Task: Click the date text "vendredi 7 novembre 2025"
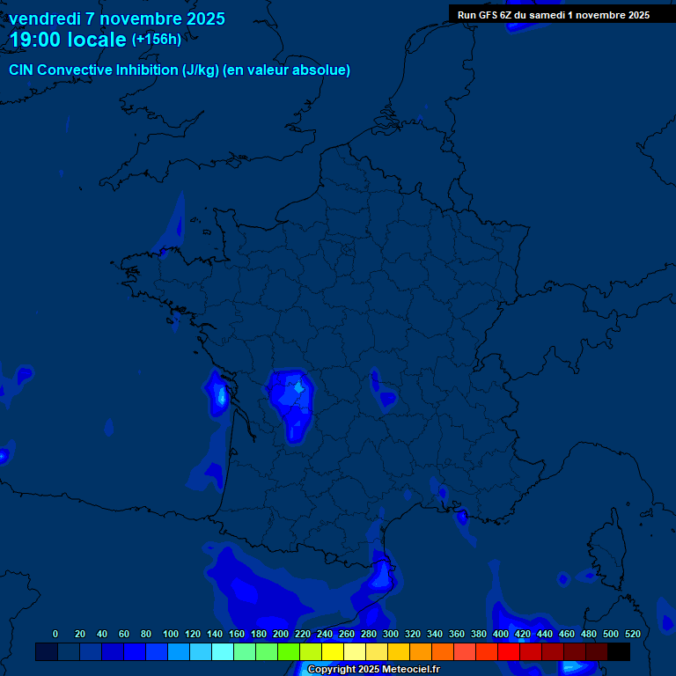(x=117, y=18)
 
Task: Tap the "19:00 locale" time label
(x=68, y=40)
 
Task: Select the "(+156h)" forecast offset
(x=157, y=40)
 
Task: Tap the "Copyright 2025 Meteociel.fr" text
(x=373, y=670)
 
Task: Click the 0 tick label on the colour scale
(x=55, y=634)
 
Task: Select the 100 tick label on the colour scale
(x=171, y=634)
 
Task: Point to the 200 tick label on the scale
(x=281, y=634)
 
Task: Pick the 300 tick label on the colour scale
(x=391, y=634)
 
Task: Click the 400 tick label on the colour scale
(x=501, y=634)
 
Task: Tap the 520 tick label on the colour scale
(x=632, y=634)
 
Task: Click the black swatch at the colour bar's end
(x=619, y=651)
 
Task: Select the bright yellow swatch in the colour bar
(x=333, y=651)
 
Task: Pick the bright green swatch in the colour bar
(x=289, y=651)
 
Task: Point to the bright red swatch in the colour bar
(x=509, y=651)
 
